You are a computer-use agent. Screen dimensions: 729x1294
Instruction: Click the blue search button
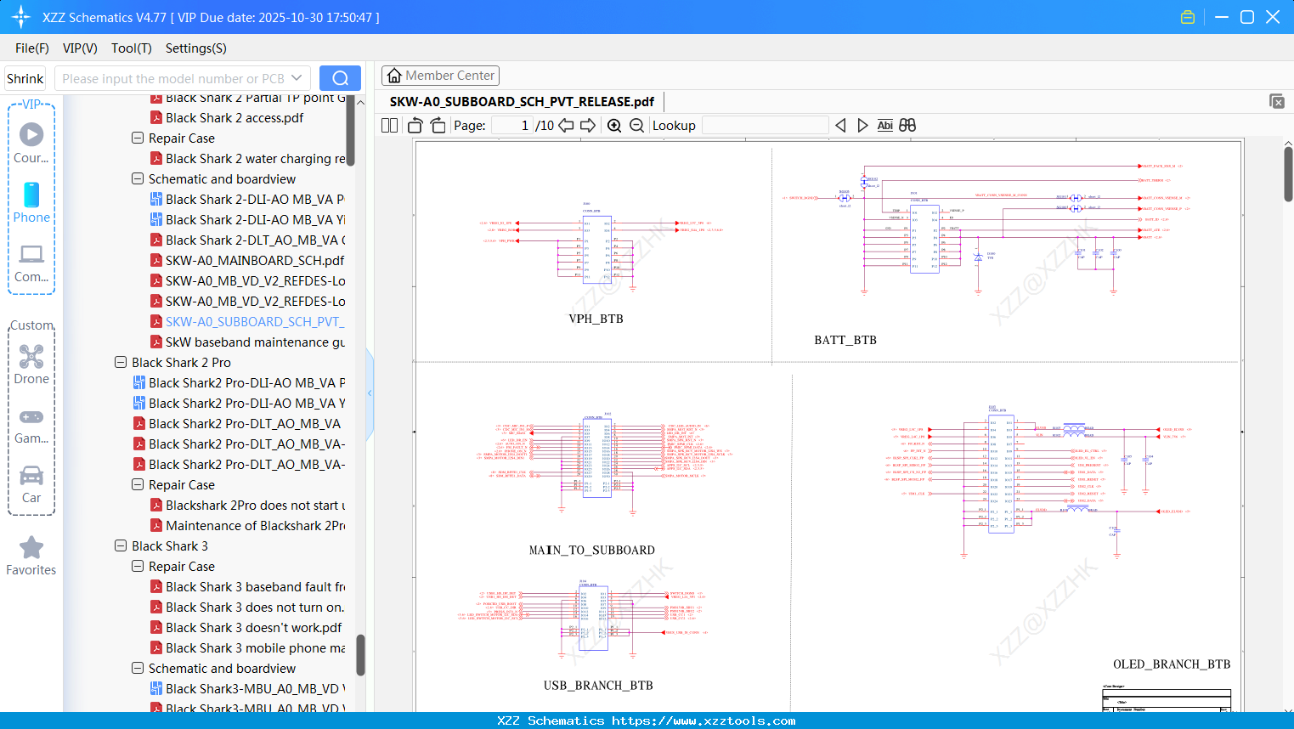tap(340, 78)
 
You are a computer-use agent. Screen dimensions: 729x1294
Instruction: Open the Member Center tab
tap(440, 76)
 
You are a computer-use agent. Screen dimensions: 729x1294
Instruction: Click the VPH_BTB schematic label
tap(596, 319)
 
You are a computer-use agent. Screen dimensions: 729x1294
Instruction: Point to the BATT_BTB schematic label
tap(845, 340)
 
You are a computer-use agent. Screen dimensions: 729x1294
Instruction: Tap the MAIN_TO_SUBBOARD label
tap(591, 550)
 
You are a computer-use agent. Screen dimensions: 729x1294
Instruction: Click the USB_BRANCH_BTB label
tap(598, 685)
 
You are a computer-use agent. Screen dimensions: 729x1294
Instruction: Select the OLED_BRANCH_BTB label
tap(1171, 664)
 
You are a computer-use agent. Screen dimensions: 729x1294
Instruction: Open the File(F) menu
tap(32, 48)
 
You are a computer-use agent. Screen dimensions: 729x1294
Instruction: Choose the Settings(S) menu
tap(195, 48)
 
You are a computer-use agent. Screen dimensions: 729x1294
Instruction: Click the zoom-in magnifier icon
tap(614, 126)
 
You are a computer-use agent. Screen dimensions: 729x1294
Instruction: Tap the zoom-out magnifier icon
tap(636, 126)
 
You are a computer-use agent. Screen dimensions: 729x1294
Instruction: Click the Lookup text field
tap(765, 126)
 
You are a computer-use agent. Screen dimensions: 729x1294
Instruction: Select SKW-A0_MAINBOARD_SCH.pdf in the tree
tap(255, 261)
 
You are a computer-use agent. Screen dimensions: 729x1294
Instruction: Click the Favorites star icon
tap(31, 548)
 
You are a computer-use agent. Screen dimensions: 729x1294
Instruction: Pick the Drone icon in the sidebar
tap(31, 357)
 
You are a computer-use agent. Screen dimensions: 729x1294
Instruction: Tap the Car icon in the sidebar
tap(31, 476)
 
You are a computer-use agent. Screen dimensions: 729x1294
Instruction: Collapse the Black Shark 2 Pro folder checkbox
tap(121, 363)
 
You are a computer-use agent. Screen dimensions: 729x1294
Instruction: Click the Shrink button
tap(25, 78)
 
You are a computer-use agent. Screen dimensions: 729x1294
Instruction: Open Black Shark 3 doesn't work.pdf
tap(253, 628)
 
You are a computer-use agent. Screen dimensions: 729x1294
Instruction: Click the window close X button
tap(1272, 17)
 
